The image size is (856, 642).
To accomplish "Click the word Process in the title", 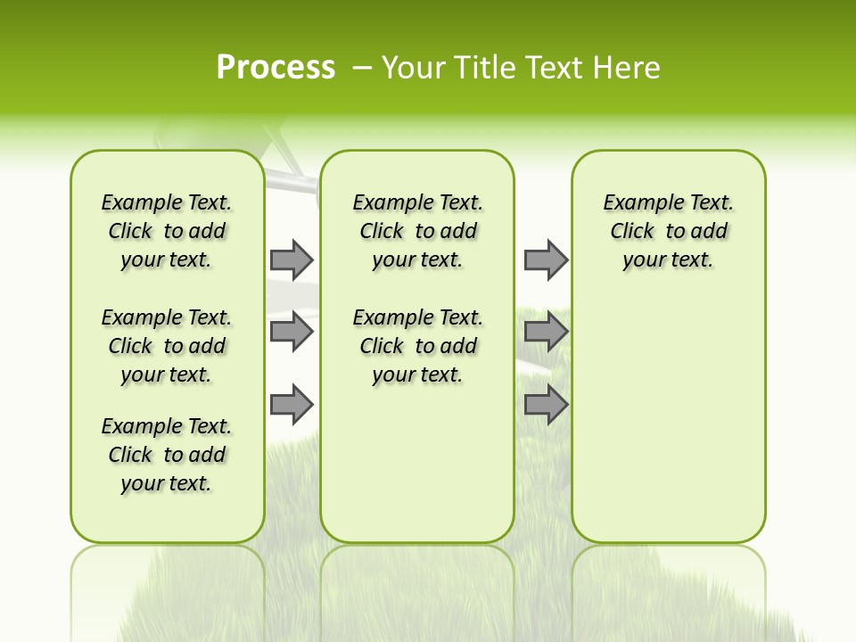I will [276, 67].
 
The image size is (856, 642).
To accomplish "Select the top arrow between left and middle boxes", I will [292, 259].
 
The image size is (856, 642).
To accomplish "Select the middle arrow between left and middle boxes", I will [292, 332].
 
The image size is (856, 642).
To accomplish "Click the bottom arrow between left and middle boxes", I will [292, 405].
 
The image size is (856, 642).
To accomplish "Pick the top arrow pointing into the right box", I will [546, 259].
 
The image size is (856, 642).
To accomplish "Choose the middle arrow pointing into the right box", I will [546, 332].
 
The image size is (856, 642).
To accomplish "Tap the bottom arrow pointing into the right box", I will [546, 405].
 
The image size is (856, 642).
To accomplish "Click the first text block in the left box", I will [167, 231].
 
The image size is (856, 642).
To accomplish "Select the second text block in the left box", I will [167, 346].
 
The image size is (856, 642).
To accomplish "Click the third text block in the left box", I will [167, 455].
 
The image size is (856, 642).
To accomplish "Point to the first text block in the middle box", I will [417, 231].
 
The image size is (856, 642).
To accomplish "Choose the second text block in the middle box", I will [417, 346].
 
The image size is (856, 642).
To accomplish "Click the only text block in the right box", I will [669, 231].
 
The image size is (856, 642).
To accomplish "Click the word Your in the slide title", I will [415, 68].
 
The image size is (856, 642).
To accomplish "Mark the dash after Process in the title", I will [362, 68].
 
